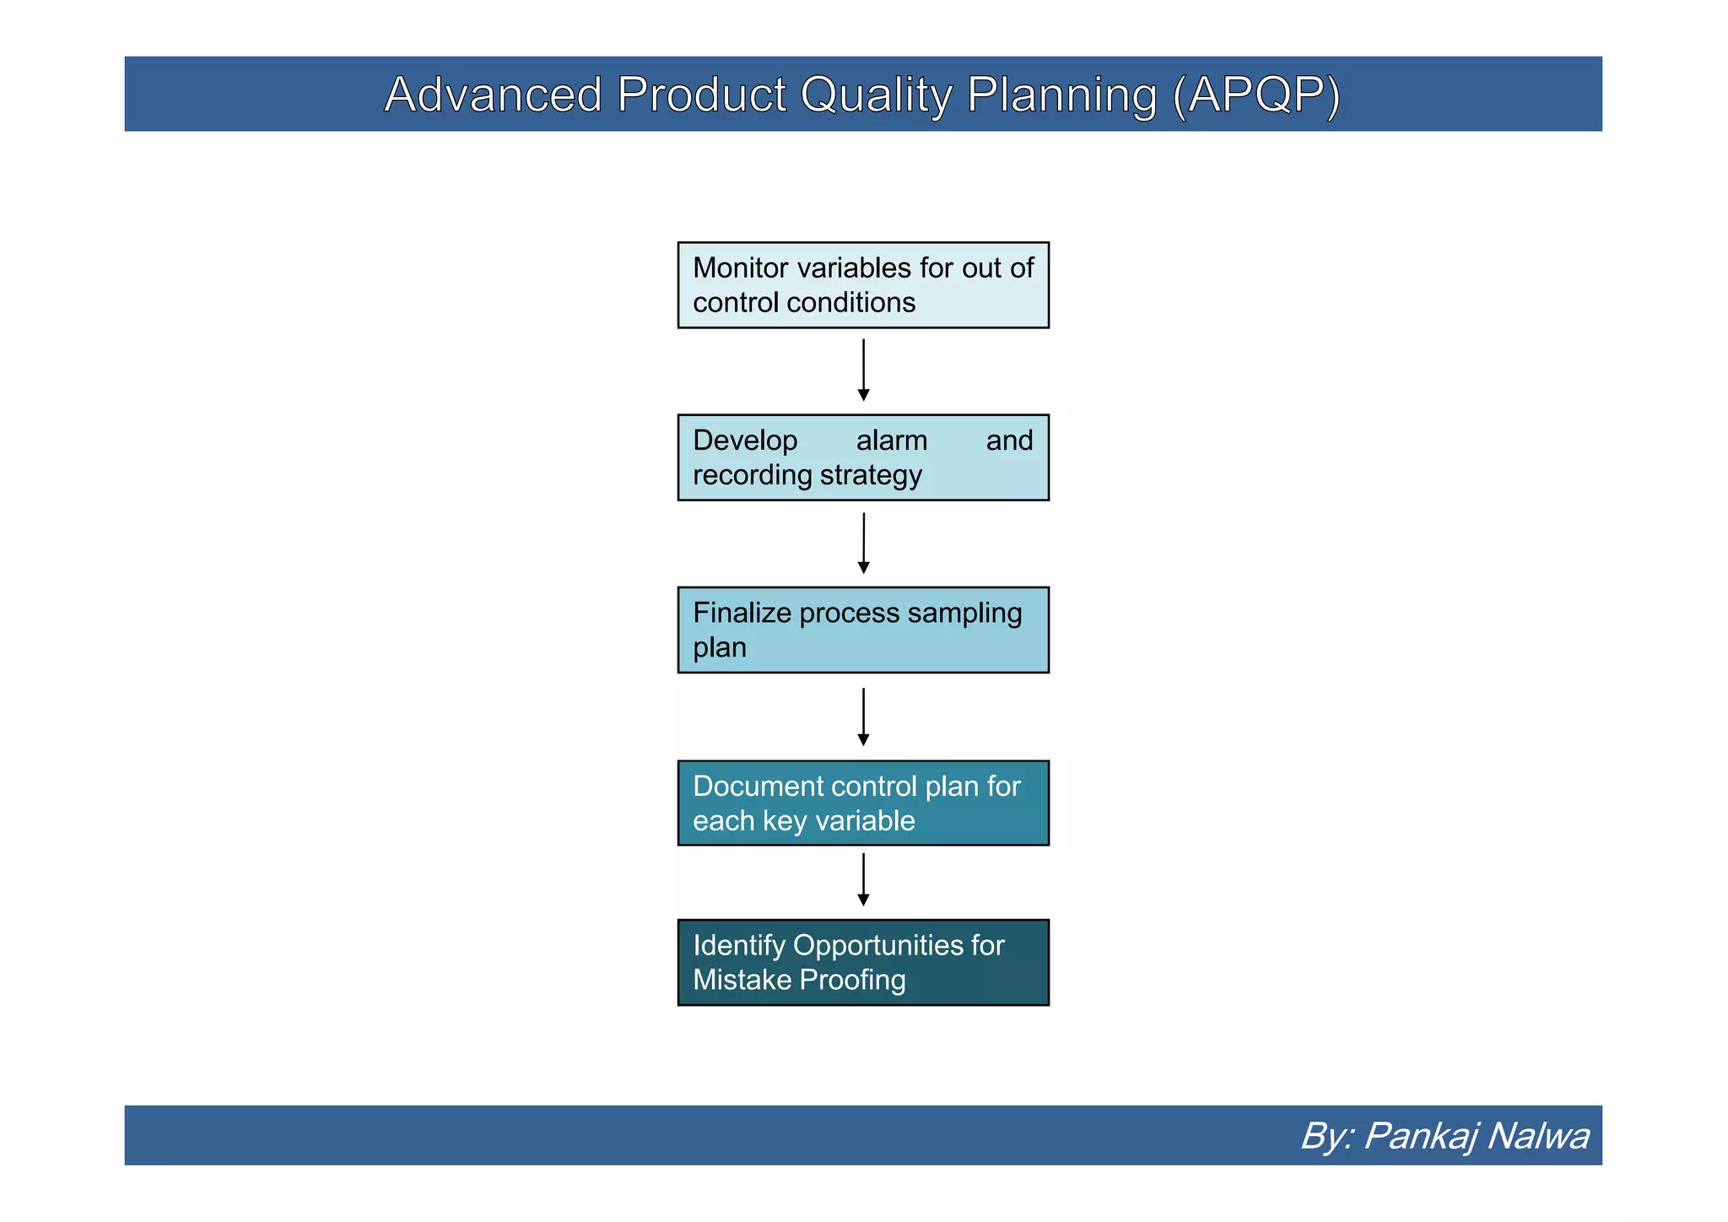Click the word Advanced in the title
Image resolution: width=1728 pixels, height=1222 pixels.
pyautogui.click(x=493, y=94)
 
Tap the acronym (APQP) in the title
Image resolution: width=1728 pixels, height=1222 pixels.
pyautogui.click(x=1255, y=94)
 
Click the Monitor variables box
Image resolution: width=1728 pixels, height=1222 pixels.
pyautogui.click(x=863, y=285)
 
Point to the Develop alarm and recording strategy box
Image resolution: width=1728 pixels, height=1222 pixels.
pyautogui.click(x=863, y=457)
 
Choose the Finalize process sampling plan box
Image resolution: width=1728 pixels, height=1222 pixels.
pyautogui.click(x=863, y=630)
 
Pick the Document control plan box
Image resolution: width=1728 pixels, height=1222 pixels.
pyautogui.click(x=863, y=803)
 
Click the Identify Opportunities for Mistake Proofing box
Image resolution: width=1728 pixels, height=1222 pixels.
pyautogui.click(x=863, y=962)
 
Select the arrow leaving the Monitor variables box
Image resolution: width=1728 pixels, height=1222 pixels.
pyautogui.click(x=863, y=370)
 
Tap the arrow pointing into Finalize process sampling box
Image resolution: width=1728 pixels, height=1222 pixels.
pyautogui.click(x=863, y=543)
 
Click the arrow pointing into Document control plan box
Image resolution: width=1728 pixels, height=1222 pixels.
pyautogui.click(x=863, y=716)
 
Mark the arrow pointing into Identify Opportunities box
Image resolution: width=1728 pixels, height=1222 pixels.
pyautogui.click(x=863, y=879)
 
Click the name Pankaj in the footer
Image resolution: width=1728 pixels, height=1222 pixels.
pyautogui.click(x=1419, y=1136)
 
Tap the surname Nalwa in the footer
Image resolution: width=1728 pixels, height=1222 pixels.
pyautogui.click(x=1538, y=1136)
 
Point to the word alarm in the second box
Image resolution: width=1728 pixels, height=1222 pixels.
pyautogui.click(x=891, y=441)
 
